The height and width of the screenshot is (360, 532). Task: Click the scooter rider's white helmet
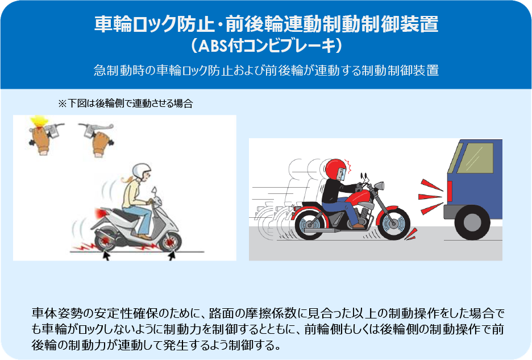tap(141, 171)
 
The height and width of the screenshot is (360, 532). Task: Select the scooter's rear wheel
tap(105, 241)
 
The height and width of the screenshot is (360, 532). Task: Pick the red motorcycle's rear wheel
tap(311, 223)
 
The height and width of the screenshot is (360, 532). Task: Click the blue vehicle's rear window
tap(475, 158)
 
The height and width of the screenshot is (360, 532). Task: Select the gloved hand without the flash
tap(101, 143)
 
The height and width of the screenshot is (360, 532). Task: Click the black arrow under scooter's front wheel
tap(172, 255)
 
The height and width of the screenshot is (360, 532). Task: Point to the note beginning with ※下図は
tap(126, 104)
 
